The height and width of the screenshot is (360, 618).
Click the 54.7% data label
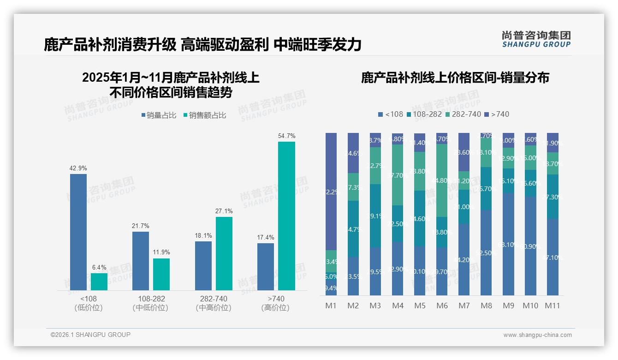(x=286, y=136)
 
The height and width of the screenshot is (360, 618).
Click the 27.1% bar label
(x=224, y=211)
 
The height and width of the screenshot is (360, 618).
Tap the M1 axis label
(x=331, y=306)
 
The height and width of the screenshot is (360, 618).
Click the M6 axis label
(x=441, y=306)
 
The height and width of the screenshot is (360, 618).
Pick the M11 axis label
(x=553, y=306)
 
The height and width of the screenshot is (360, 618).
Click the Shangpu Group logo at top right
(x=536, y=39)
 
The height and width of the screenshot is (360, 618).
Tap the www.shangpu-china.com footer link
(x=537, y=335)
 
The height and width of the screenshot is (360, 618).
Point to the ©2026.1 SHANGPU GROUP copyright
(x=90, y=335)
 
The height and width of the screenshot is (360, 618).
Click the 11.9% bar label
(x=161, y=252)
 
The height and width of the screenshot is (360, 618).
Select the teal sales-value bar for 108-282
(x=161, y=274)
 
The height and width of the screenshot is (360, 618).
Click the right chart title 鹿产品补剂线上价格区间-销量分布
(x=455, y=78)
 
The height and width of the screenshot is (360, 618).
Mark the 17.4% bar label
(x=265, y=237)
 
